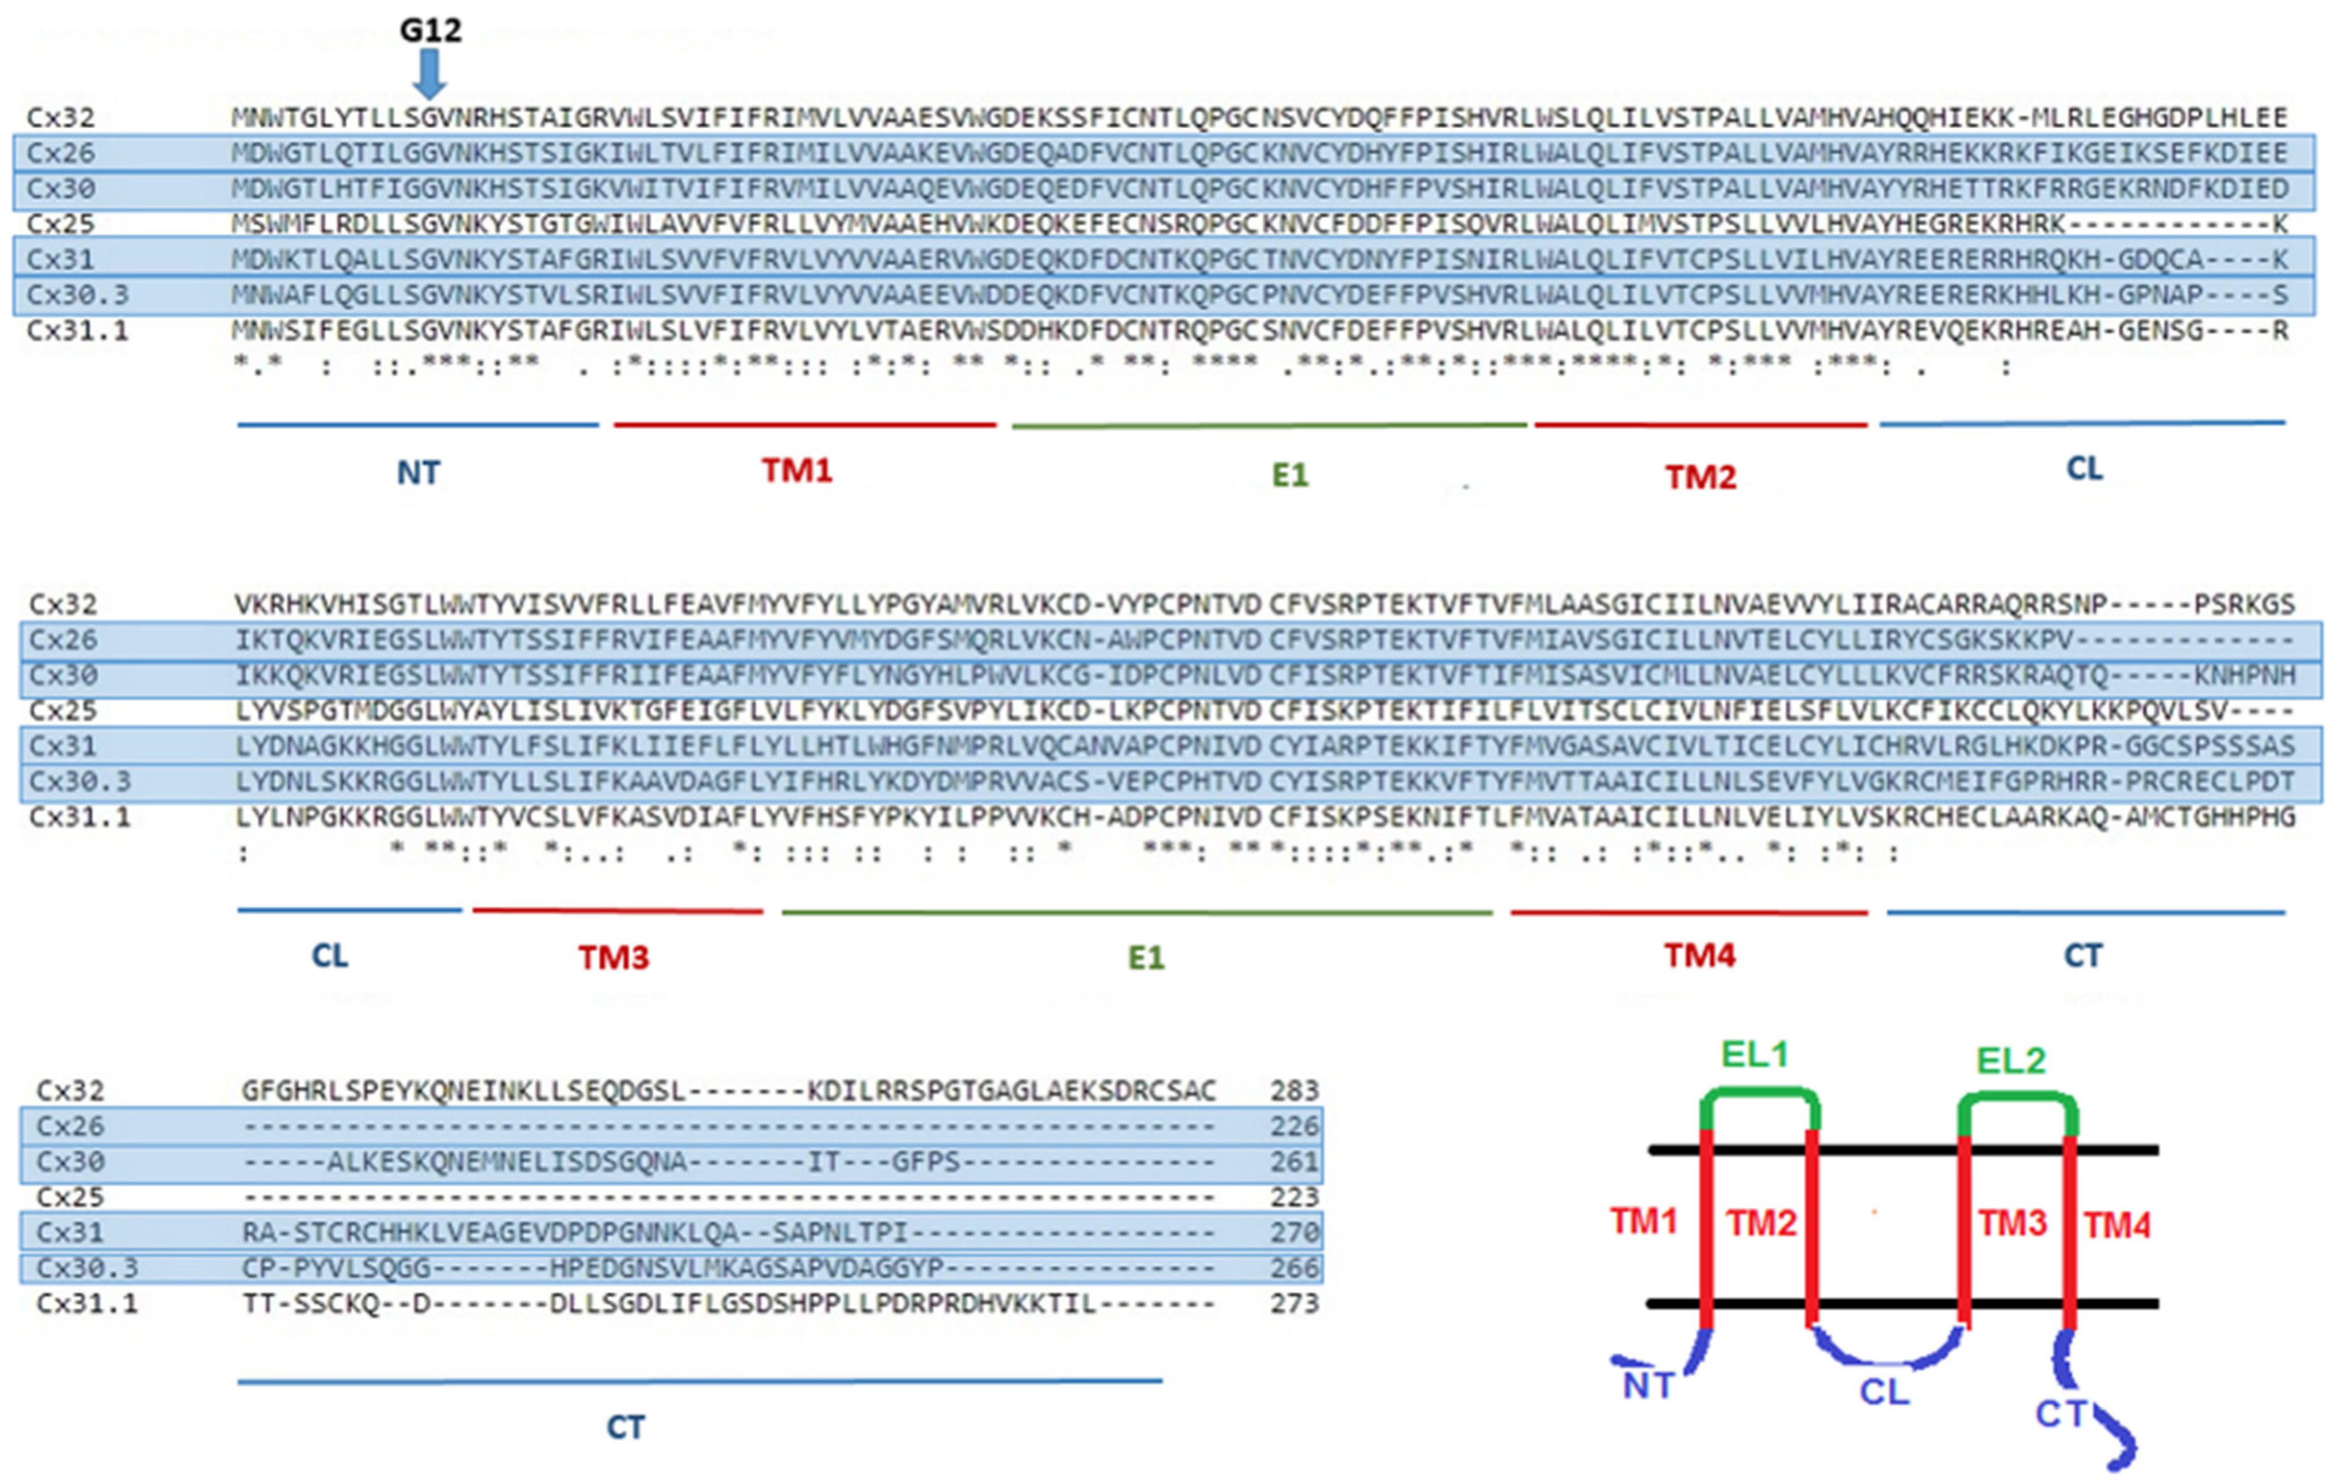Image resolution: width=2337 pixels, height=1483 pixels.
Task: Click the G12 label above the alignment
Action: (431, 30)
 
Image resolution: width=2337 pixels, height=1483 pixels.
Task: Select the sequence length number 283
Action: (1295, 1091)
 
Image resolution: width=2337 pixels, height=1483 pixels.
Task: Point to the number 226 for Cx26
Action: (1295, 1126)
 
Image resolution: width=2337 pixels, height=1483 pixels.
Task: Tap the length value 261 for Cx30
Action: (1295, 1162)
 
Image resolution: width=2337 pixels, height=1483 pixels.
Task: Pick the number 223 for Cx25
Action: (1295, 1197)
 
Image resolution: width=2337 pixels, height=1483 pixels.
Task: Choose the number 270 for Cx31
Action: (1295, 1232)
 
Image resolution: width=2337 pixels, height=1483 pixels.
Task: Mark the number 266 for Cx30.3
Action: (1295, 1267)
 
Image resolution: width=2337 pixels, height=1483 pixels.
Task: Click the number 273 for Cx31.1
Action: (1295, 1303)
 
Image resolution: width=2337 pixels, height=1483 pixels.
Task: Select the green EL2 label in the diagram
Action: (2011, 1061)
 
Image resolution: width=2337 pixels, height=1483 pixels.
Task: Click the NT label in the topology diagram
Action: (1648, 1386)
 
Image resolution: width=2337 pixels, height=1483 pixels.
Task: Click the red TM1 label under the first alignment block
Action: (797, 471)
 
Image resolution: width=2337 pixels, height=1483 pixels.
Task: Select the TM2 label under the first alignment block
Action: (1701, 477)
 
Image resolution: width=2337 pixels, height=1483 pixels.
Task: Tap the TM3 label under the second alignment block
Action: (613, 958)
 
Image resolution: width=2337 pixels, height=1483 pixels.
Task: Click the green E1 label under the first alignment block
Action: (1290, 476)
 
